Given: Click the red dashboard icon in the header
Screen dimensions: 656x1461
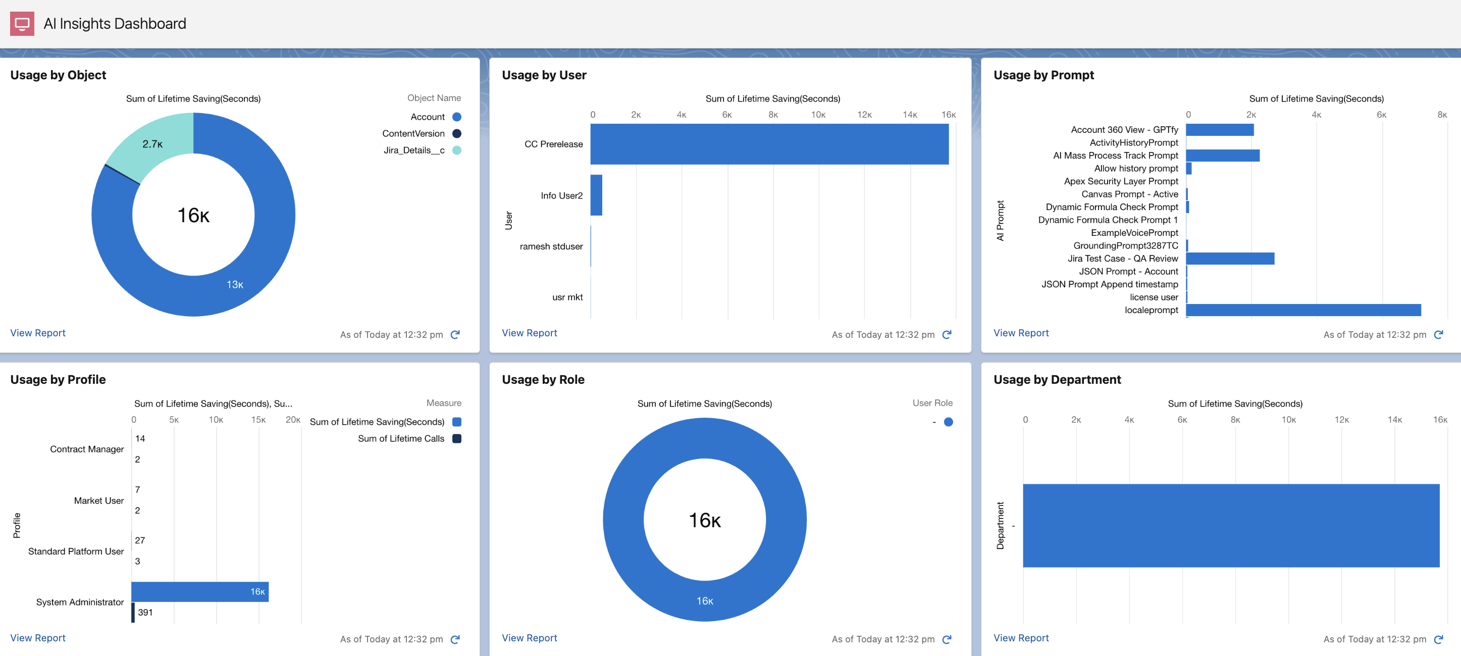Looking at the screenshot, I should pos(22,24).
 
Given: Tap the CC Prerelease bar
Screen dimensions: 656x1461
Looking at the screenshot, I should pos(768,144).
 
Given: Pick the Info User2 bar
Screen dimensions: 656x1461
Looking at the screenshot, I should pos(596,195).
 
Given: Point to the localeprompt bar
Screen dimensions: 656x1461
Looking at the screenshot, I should pos(1303,310).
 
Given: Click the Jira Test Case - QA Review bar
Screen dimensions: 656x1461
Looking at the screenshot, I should pos(1230,259).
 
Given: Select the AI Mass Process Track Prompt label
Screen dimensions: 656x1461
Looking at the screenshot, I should pos(1115,156).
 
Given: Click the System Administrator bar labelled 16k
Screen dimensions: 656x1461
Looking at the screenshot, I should pos(199,591).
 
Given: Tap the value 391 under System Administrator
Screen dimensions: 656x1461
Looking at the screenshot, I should pos(145,612).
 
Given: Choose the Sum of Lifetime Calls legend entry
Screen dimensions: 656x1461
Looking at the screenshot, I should pos(401,439).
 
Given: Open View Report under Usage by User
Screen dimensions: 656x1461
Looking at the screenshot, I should pos(529,333).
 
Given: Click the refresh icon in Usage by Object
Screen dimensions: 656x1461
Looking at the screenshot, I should pos(455,335).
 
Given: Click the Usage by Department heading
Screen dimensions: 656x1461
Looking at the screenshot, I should pos(1057,380).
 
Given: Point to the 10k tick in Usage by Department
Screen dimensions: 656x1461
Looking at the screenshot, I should pos(1288,420).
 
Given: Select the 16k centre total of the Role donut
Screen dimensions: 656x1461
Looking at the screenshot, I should pos(704,520).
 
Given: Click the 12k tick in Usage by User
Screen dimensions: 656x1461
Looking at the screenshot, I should pos(864,115).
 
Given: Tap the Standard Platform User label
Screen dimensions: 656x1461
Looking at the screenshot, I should pos(76,551).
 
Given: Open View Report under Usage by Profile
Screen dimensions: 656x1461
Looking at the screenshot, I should pos(38,638).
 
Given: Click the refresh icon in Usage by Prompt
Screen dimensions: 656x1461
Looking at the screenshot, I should pos(1438,335).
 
